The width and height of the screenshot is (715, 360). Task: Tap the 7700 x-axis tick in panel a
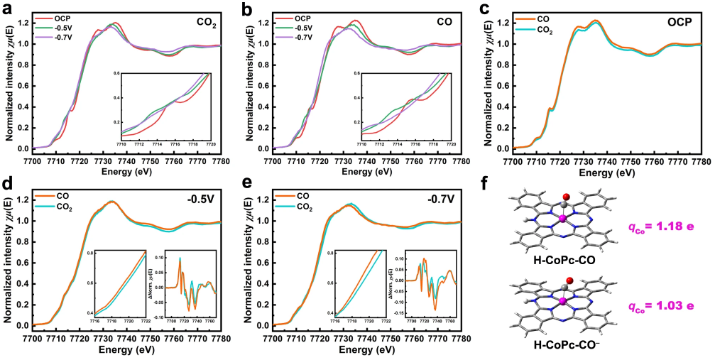pos(33,163)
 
